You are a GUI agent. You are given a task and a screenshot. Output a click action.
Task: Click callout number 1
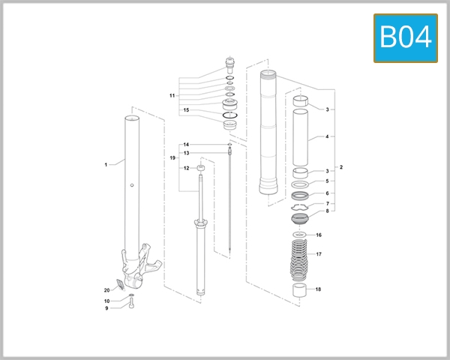click(106, 163)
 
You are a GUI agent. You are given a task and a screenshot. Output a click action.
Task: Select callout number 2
click(341, 166)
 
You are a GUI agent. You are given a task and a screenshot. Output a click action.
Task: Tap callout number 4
click(327, 137)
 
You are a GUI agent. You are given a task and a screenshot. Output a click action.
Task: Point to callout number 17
click(319, 254)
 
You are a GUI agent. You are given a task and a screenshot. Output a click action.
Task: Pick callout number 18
click(319, 289)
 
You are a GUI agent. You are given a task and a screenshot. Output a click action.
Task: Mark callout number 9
click(106, 308)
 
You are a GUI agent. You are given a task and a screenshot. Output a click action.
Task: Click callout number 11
click(172, 96)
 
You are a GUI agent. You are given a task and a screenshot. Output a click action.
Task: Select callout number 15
click(186, 110)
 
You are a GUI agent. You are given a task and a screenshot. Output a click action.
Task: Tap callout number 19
click(172, 158)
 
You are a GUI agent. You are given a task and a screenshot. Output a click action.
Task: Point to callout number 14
click(186, 144)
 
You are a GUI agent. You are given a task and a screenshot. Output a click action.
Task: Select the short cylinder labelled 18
click(301, 291)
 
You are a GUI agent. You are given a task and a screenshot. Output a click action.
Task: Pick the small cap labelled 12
click(200, 167)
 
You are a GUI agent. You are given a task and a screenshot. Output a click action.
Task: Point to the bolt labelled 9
click(131, 306)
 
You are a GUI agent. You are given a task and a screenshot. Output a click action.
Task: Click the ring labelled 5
click(300, 183)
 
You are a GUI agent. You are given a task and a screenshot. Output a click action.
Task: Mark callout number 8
click(327, 211)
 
